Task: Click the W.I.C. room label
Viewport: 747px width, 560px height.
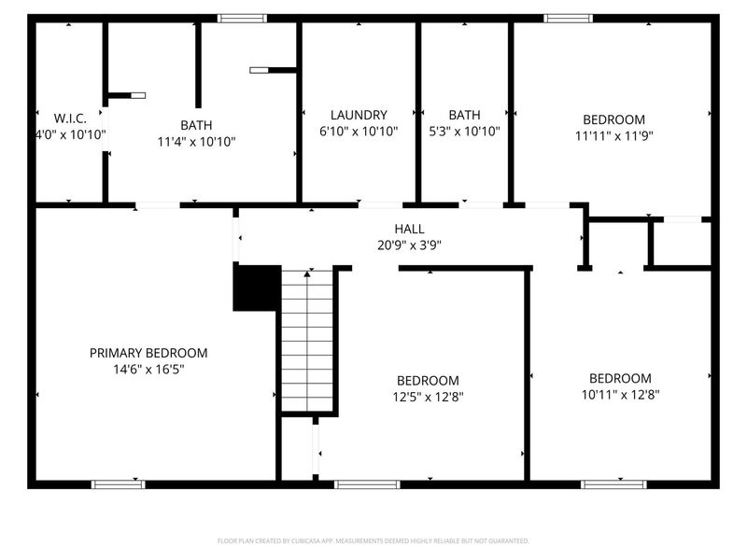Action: (x=70, y=119)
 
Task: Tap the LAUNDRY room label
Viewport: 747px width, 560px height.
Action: (x=359, y=116)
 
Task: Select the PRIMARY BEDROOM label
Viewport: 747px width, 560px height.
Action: (x=148, y=353)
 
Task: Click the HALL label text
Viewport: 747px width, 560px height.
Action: (x=409, y=229)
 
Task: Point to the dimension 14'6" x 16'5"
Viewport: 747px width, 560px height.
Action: (x=148, y=369)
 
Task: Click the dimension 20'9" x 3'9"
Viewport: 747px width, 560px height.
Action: (x=409, y=245)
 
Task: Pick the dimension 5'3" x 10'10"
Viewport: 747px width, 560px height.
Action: (x=464, y=132)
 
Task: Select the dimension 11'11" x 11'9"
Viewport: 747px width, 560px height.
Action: (x=613, y=134)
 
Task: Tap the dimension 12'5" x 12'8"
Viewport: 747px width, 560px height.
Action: (x=428, y=396)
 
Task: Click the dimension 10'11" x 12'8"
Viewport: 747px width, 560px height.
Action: (x=620, y=394)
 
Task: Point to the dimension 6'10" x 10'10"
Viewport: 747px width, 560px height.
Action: (x=359, y=132)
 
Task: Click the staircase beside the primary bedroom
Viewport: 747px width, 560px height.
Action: (x=307, y=341)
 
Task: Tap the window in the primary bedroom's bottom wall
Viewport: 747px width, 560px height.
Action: (x=119, y=483)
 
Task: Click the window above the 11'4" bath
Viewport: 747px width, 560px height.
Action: (x=242, y=18)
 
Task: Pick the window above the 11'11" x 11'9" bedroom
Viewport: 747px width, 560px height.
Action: (x=569, y=18)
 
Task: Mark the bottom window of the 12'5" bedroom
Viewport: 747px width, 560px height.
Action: (x=367, y=483)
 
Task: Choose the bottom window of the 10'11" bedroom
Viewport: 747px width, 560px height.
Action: (x=613, y=483)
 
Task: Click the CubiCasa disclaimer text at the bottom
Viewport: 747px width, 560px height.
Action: (x=373, y=540)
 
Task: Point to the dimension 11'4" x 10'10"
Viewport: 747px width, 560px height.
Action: (x=196, y=142)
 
